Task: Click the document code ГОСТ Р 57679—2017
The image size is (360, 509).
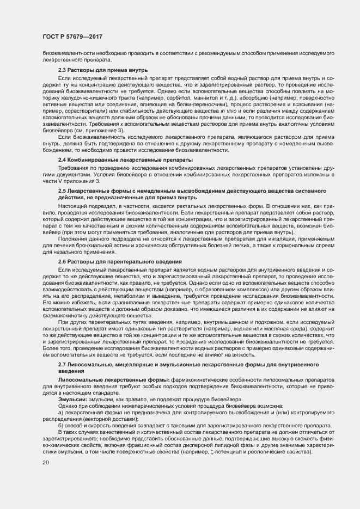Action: coord(72,36)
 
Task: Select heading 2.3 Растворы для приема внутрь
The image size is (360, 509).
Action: coord(103,71)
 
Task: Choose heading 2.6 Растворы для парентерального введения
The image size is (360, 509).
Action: coord(120,262)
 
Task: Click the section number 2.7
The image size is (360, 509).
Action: coord(63,363)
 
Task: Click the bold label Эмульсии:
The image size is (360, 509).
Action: coord(74,400)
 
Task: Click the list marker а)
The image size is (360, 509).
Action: coord(61,413)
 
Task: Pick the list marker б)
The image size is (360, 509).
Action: coord(61,425)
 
